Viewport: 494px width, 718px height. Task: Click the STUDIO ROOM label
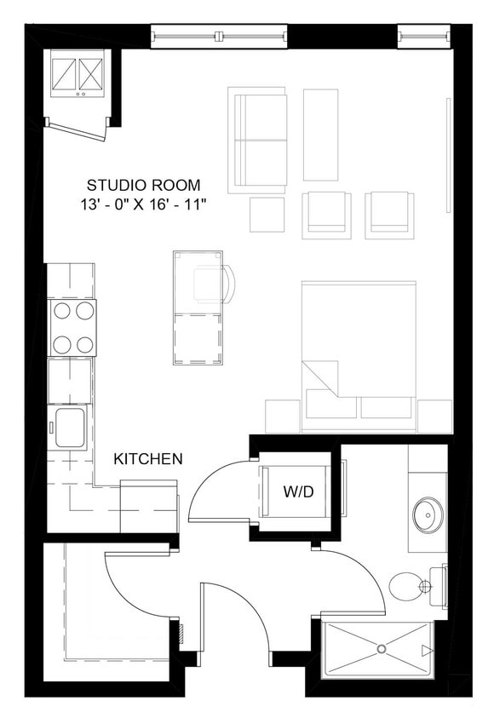coord(144,185)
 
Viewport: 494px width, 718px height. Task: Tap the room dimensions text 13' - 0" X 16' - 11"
coord(143,204)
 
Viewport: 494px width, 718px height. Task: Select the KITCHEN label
coord(148,459)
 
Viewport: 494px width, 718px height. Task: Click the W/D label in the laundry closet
coord(297,491)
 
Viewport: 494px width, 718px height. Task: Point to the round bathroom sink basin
coord(428,515)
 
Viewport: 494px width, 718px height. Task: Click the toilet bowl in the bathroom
coord(405,585)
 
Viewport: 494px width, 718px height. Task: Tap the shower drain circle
coord(381,650)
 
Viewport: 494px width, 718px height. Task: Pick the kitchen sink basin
coord(70,427)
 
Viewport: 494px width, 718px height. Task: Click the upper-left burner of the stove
coord(61,312)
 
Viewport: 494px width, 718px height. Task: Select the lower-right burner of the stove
coord(83,345)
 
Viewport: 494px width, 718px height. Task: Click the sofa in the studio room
coord(257,140)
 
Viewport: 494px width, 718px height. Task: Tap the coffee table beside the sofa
coord(320,135)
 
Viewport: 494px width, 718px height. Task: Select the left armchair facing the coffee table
coord(326,214)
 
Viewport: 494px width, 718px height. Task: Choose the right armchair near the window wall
coord(389,214)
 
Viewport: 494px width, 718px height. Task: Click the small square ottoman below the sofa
coord(267,214)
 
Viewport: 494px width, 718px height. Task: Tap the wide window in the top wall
coord(219,36)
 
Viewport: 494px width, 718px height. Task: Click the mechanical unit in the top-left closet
coord(78,74)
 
